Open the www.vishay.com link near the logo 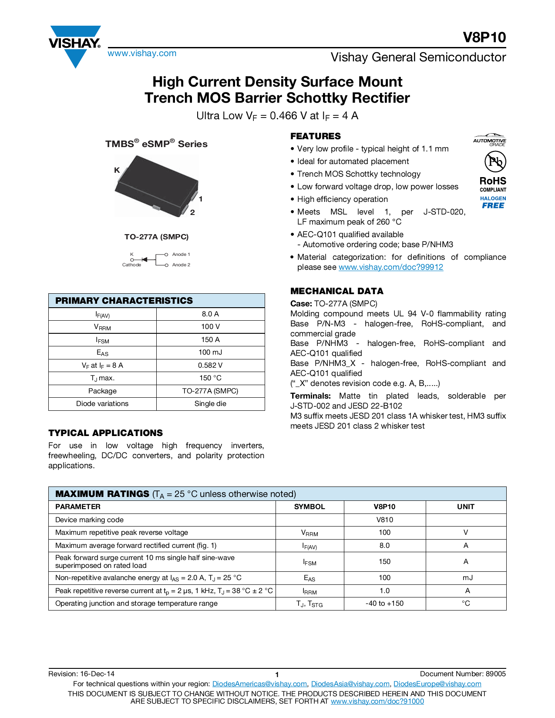coord(142,54)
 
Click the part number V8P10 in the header coord(484,37)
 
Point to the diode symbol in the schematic coord(145,260)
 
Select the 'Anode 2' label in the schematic coord(181,265)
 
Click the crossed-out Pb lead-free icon coord(495,162)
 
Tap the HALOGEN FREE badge coord(493,202)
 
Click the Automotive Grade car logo coord(490,139)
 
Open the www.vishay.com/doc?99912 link coord(391,267)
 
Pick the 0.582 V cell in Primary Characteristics coord(210,366)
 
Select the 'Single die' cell coord(210,404)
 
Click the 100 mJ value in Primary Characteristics coord(210,352)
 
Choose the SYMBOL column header coord(309,507)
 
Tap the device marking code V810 coord(385,520)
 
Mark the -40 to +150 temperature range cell coord(385,604)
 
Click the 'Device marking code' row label coord(89,520)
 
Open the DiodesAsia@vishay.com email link coord(350,684)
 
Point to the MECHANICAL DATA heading coord(337,291)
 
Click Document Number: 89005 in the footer coord(463,674)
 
